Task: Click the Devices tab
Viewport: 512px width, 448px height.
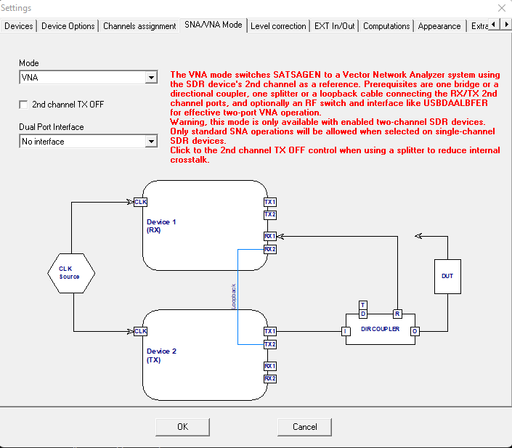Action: [19, 25]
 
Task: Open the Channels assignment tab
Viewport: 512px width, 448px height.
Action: [139, 25]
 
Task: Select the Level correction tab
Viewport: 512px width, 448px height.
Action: [278, 25]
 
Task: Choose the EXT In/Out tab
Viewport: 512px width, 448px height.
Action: [335, 25]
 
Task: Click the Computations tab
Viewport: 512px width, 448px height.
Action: [386, 25]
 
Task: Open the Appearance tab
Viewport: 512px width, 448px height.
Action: [439, 25]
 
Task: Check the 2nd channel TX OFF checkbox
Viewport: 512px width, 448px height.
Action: [24, 105]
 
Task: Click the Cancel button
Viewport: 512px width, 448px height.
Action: [304, 426]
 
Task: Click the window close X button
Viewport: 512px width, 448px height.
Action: [500, 8]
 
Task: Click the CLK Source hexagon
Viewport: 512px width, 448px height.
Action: [69, 272]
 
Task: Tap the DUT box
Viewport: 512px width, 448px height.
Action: [447, 276]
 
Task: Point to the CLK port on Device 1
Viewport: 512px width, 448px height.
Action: [140, 202]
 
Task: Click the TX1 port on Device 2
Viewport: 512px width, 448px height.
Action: [269, 331]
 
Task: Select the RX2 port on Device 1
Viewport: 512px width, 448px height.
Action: [269, 249]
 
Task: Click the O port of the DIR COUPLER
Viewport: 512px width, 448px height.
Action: [415, 332]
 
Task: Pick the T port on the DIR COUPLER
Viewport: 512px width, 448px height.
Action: [363, 304]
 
